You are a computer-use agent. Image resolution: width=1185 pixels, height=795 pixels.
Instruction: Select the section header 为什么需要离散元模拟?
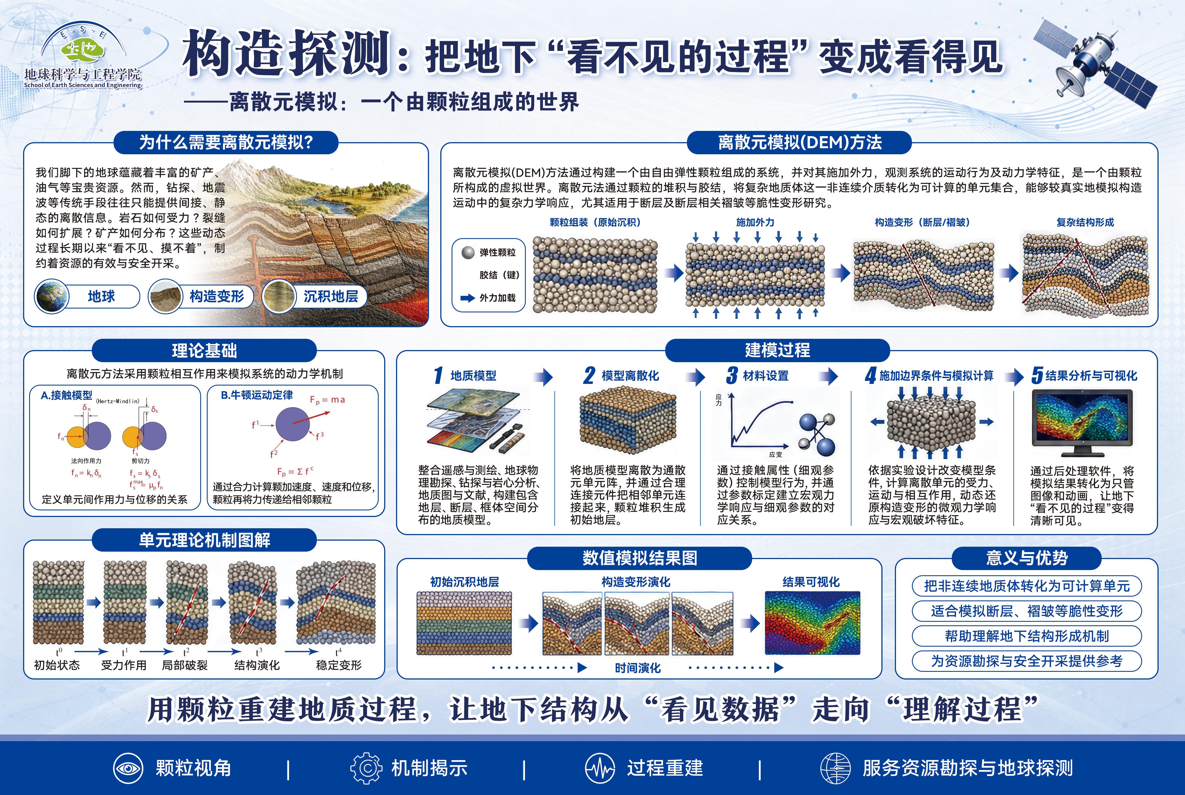pos(226,142)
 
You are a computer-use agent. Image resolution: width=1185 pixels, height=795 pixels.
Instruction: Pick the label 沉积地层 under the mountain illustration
pos(331,296)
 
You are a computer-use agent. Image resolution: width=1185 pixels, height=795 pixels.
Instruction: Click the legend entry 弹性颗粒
pos(497,252)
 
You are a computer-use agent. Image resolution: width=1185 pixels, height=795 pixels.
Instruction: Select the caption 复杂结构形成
pos(1085,222)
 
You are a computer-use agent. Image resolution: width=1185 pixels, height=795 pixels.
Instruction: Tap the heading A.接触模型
pos(67,395)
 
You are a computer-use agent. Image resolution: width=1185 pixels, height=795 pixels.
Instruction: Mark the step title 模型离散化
pos(630,376)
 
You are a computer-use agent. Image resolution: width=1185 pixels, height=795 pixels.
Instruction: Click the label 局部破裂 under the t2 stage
pos(185,665)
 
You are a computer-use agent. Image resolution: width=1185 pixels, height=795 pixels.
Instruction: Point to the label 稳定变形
pos(339,665)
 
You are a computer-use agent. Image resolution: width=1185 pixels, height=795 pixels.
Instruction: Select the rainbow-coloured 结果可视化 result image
pos(812,623)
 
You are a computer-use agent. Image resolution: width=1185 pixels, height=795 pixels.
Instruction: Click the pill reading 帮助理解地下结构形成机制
pos(1027,636)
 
